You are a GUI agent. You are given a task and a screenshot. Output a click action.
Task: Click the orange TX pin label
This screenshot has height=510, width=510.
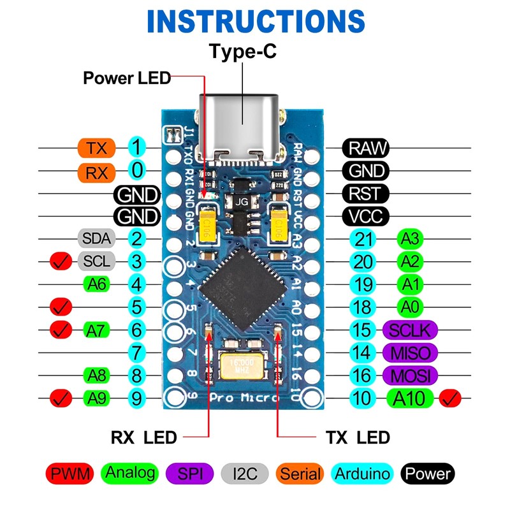[97, 148]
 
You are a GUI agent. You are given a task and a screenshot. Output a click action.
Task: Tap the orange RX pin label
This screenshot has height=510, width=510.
[97, 171]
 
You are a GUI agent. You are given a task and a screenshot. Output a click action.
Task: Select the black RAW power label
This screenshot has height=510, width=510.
[367, 148]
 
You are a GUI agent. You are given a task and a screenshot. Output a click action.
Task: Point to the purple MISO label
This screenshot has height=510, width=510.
[411, 352]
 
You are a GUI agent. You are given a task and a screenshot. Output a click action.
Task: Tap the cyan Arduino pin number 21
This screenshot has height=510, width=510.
[362, 240]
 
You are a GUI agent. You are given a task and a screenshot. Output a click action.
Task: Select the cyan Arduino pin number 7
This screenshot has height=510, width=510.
[136, 352]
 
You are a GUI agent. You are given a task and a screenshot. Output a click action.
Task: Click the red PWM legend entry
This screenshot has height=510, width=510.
[70, 474]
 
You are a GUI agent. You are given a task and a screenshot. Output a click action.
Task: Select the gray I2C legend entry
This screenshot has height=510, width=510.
[246, 474]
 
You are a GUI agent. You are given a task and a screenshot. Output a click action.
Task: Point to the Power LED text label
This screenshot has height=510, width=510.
[127, 78]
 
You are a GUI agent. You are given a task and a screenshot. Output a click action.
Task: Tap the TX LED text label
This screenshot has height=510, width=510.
[358, 437]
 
